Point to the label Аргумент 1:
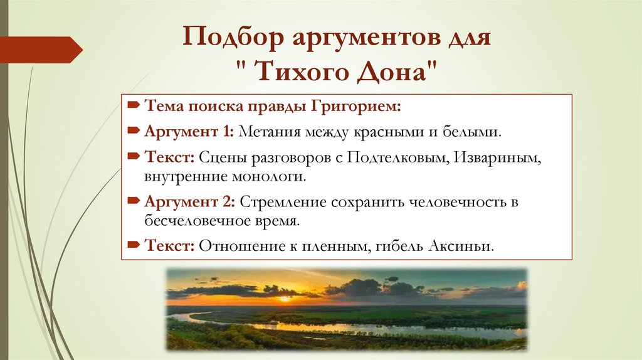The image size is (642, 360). coord(189,132)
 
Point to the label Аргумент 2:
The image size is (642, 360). coord(189,202)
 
